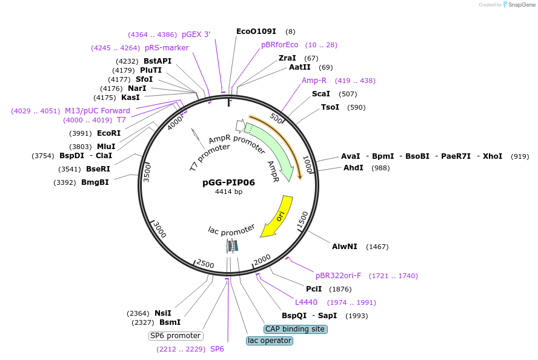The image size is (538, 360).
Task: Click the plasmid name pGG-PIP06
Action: (228, 182)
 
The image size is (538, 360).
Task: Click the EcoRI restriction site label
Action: (108, 133)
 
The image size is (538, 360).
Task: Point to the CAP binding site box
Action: (295, 329)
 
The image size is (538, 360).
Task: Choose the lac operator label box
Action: (270, 341)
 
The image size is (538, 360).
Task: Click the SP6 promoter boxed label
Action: (176, 336)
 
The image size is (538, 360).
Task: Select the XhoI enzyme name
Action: (492, 156)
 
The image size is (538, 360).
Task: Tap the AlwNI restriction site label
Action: (345, 247)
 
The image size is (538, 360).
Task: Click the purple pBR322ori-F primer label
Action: (338, 276)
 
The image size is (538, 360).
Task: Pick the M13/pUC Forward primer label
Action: (98, 110)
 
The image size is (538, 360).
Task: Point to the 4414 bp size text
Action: (228, 192)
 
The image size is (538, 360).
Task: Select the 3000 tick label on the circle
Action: (159, 230)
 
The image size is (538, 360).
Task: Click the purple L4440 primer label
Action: (306, 302)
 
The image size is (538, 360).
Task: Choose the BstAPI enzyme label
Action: (158, 61)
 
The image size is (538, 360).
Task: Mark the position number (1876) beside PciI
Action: (340, 289)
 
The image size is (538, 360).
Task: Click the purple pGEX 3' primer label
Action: (196, 35)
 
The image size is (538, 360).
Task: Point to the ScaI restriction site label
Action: (321, 94)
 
